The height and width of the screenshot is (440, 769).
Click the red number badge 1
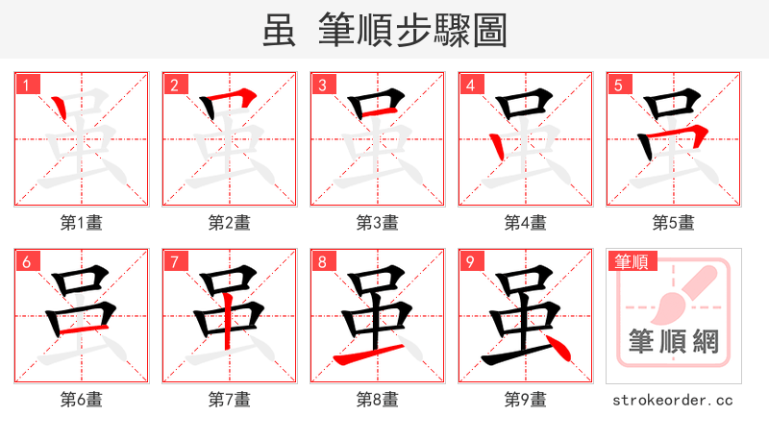pos(26,85)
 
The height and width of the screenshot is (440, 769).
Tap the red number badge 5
pos(618,85)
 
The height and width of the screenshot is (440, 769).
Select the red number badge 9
pos(470,261)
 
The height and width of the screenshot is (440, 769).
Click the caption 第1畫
pos(82,223)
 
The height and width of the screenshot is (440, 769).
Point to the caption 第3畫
pos(378,223)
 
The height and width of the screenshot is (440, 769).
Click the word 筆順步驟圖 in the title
pos(413,31)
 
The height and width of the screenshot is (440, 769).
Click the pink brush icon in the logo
pos(686,293)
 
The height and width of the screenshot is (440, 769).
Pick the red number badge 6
pos(26,261)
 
